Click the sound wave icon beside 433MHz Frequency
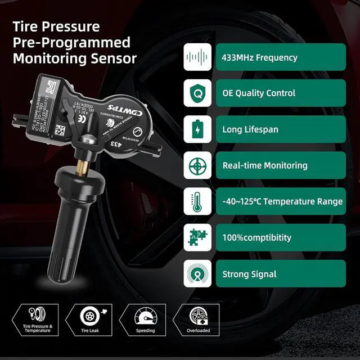[197, 57]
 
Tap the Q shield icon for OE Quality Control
[197, 93]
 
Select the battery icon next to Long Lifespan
[197, 129]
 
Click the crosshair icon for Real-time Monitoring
[197, 165]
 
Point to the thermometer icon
[197, 201]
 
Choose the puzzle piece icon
[197, 237]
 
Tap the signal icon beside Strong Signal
[197, 274]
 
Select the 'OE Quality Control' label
[259, 93]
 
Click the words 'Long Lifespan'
[250, 129]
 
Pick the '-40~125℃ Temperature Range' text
[282, 201]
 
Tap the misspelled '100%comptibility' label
[256, 237]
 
